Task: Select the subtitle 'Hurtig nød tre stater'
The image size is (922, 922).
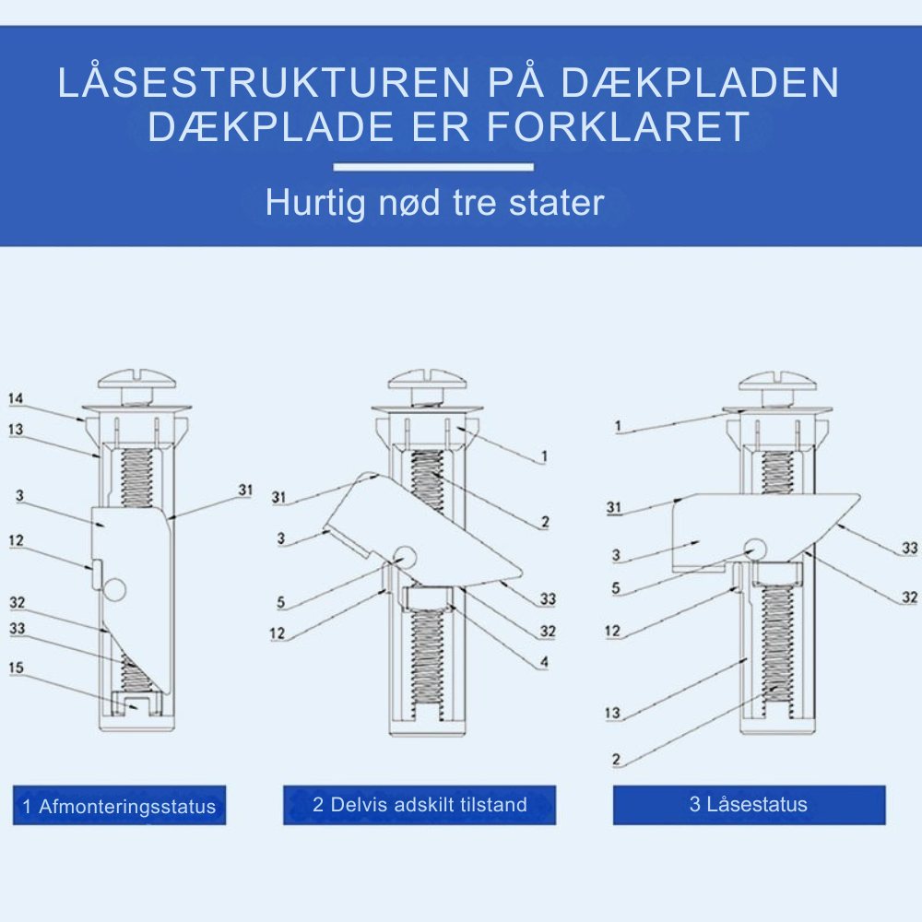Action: click(434, 203)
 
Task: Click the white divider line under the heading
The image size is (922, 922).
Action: click(433, 167)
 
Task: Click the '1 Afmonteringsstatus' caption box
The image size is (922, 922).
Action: click(119, 807)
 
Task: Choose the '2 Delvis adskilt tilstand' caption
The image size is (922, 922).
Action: click(420, 805)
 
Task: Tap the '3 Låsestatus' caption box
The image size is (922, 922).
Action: click(749, 804)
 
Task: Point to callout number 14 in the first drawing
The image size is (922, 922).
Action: click(16, 399)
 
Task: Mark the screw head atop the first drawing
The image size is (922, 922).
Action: click(136, 379)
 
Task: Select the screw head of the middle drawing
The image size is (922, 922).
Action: click(426, 379)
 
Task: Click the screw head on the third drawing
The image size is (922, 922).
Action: click(777, 379)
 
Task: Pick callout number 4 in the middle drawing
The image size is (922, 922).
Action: click(544, 662)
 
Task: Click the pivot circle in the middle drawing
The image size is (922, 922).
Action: click(405, 556)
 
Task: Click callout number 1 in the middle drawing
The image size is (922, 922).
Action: click(544, 455)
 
